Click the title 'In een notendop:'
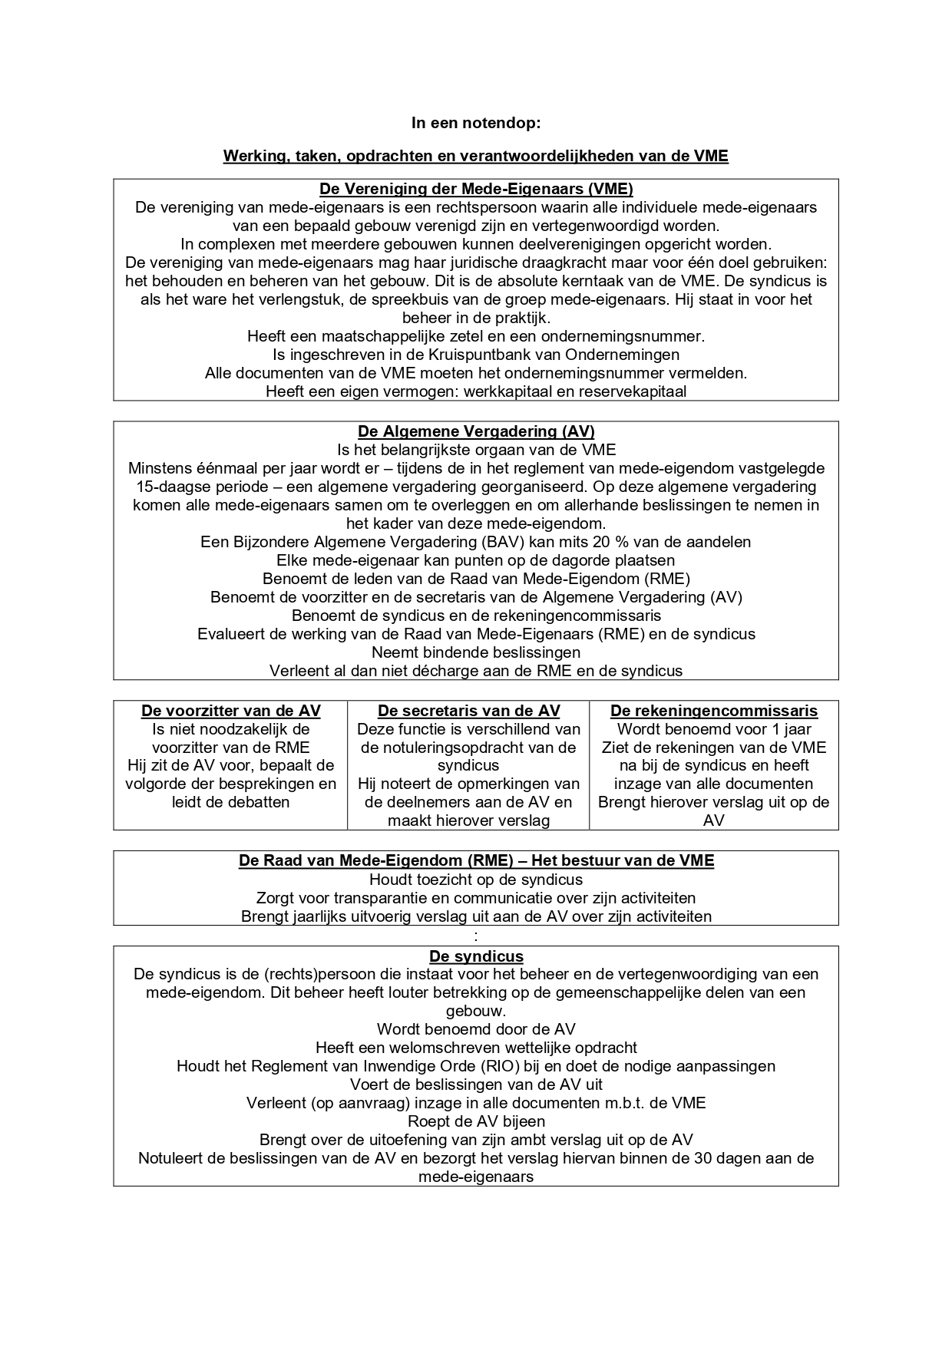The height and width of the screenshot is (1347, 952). click(475, 123)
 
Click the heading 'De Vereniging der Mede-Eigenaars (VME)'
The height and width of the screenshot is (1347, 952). click(475, 189)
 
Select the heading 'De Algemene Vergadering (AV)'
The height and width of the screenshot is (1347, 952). click(475, 431)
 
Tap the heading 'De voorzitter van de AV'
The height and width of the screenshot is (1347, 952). click(230, 711)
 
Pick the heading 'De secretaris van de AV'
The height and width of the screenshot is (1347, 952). click(468, 711)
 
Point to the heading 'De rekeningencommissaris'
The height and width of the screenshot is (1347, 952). click(713, 711)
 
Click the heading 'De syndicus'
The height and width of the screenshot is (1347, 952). click(476, 956)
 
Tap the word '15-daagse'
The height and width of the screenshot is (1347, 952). click(170, 487)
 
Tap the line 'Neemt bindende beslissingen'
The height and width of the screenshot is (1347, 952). click(475, 652)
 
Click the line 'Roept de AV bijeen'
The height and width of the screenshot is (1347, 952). click(475, 1121)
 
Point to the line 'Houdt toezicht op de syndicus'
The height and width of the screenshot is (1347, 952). click(475, 880)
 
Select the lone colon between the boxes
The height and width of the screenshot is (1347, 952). click(476, 936)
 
